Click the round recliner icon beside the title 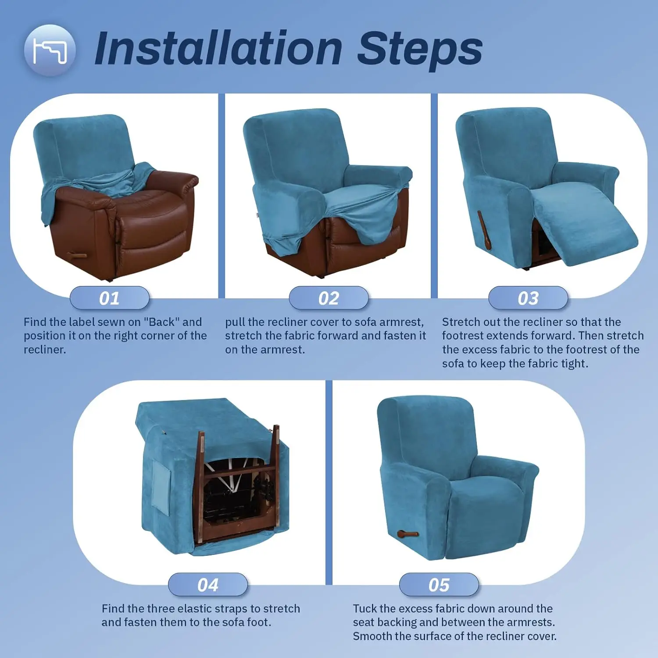click(x=50, y=50)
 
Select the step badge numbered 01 click(x=110, y=298)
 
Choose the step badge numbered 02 click(x=329, y=298)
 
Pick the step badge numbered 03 click(x=528, y=298)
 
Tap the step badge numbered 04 click(x=208, y=585)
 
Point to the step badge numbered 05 click(x=439, y=585)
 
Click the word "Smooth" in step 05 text click(x=372, y=636)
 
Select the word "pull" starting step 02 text click(x=235, y=322)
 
